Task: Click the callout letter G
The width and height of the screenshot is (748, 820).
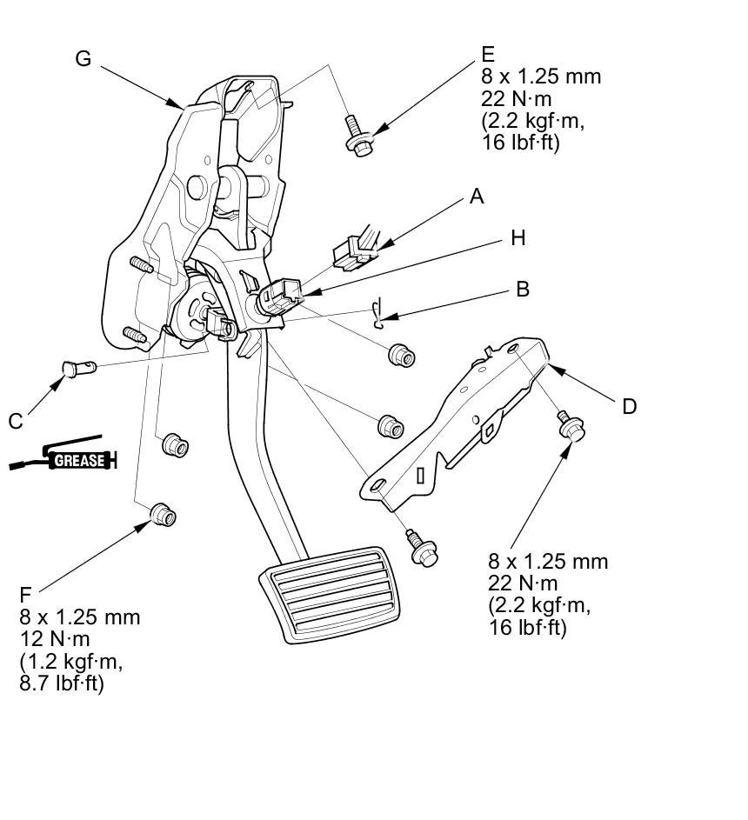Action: (x=83, y=58)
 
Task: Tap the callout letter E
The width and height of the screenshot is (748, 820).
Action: (x=488, y=55)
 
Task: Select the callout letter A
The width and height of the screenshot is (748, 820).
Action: (x=476, y=197)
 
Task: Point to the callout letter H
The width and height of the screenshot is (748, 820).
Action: (x=518, y=238)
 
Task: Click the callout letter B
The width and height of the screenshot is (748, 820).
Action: (x=523, y=290)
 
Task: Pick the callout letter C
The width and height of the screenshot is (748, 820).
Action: (x=16, y=421)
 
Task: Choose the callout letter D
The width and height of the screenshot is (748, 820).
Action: (x=629, y=406)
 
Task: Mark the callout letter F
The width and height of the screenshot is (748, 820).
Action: (x=25, y=596)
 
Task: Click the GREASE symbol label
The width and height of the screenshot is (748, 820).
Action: (x=80, y=461)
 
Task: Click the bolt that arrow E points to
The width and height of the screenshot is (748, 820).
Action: (x=357, y=135)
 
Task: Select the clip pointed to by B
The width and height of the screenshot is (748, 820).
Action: (x=377, y=314)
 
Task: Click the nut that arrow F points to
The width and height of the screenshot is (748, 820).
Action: (x=163, y=515)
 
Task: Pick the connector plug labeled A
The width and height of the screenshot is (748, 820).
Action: (x=353, y=250)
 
